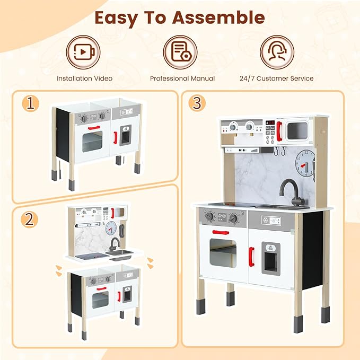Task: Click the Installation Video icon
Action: click(84, 52)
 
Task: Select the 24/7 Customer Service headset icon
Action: click(277, 52)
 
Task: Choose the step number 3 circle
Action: click(197, 103)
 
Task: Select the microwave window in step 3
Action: click(297, 129)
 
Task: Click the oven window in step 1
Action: click(92, 142)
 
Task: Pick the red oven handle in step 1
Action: click(94, 128)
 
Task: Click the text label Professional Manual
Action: click(182, 78)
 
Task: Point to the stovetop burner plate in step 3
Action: click(224, 205)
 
